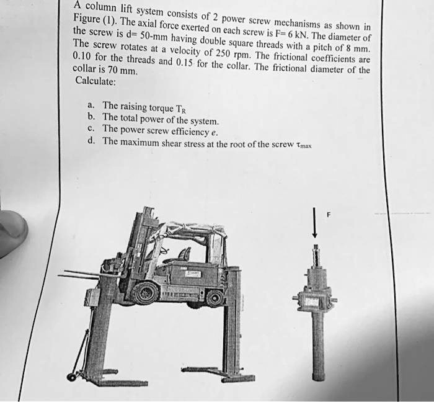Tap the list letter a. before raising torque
pyautogui.click(x=91, y=105)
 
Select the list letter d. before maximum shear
pyautogui.click(x=91, y=141)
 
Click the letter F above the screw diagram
pyautogui.click(x=329, y=215)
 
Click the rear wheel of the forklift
pyautogui.click(x=215, y=298)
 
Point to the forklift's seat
pyautogui.click(x=184, y=254)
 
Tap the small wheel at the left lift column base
pyautogui.click(x=72, y=377)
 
